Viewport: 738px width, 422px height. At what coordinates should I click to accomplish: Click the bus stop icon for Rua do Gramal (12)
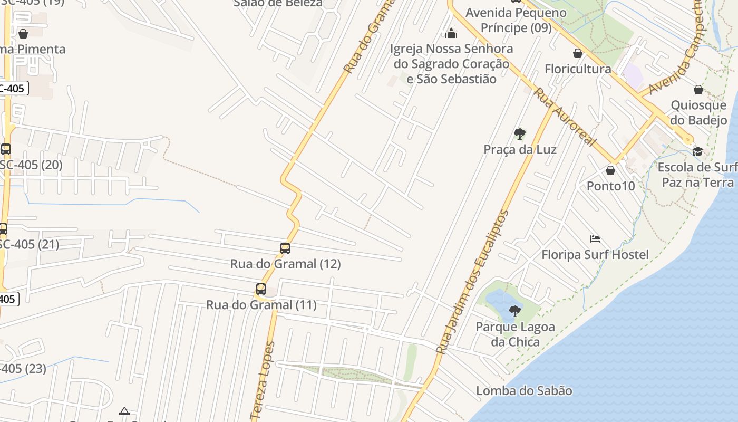285,248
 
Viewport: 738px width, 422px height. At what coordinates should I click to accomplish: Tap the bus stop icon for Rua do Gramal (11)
261,289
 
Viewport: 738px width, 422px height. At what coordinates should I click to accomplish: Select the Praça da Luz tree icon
520,134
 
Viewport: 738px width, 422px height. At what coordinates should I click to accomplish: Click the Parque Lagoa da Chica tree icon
515,311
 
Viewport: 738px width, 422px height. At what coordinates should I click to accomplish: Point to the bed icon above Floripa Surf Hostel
595,239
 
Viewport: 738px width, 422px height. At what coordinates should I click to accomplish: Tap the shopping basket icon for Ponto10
610,170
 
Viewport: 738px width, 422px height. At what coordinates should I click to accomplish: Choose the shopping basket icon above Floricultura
578,53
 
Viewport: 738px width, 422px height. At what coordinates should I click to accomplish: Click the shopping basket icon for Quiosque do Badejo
698,90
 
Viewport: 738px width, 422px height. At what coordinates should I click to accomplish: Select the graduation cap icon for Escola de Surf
698,152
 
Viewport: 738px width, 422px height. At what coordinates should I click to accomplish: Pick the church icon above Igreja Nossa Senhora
451,34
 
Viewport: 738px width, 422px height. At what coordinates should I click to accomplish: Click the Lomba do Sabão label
524,391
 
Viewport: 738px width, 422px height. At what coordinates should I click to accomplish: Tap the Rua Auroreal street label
565,118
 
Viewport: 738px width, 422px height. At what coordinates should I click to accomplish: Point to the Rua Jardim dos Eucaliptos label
474,282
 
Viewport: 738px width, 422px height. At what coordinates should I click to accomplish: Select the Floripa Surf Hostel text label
595,255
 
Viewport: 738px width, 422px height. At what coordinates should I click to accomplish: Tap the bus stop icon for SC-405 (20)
6,149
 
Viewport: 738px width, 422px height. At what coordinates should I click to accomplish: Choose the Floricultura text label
578,69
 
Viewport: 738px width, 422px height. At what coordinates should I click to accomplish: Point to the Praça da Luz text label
520,150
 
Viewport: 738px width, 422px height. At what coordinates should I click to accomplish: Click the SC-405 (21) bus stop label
29,245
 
